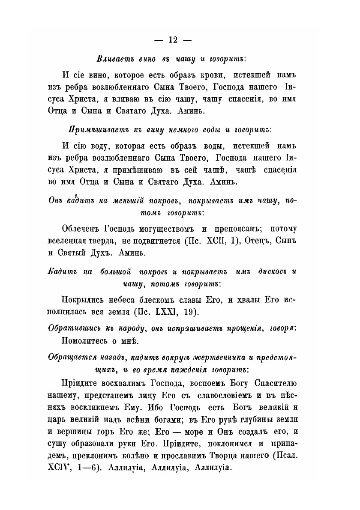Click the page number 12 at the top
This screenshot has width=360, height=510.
click(x=173, y=39)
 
